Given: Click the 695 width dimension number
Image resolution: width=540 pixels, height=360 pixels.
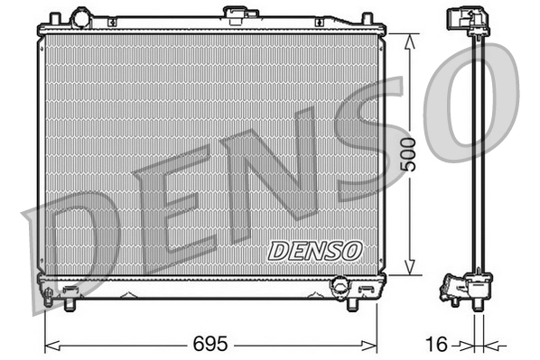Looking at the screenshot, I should pyautogui.click(x=209, y=345).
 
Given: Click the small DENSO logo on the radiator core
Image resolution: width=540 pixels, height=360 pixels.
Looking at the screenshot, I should pyautogui.click(x=315, y=249).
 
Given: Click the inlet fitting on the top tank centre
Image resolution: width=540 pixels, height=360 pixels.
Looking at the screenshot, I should pyautogui.click(x=238, y=14).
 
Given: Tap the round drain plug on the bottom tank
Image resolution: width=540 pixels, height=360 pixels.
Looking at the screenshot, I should pyautogui.click(x=340, y=285).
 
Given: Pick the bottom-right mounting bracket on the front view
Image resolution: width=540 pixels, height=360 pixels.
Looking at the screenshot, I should pyautogui.click(x=367, y=291).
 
